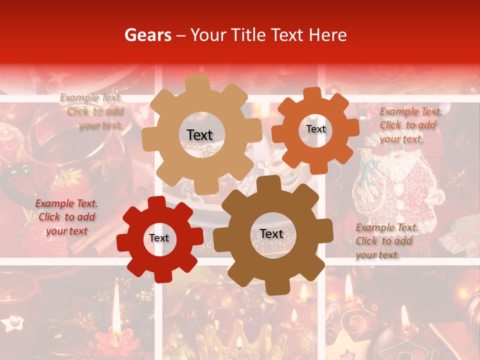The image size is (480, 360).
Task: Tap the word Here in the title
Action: (328, 35)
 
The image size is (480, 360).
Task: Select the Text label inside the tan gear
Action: (199, 135)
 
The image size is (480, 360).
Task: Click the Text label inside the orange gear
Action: (315, 129)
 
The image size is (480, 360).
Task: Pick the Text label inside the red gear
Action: (159, 238)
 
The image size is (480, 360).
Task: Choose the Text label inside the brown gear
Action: (271, 233)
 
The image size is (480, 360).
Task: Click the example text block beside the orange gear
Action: (410, 125)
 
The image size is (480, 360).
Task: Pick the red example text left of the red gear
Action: (66, 217)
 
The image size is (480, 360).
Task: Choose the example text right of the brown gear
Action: (386, 241)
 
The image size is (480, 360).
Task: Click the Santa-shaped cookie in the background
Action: (395, 195)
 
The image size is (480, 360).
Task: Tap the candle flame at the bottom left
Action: (116, 300)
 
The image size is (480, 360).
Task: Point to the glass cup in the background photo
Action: (70, 150)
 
